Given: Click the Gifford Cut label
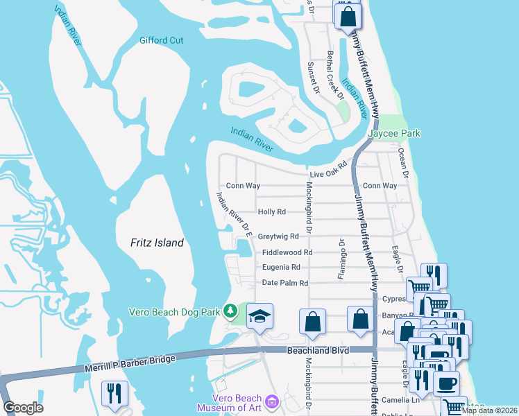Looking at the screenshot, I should tap(161, 40).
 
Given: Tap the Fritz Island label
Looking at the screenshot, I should tap(158, 243).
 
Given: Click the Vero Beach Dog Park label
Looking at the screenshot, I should tap(178, 311).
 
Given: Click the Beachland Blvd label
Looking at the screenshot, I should tap(315, 352).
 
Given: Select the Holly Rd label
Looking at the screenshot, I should tap(271, 211).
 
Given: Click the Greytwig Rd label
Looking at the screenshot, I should tap(278, 236).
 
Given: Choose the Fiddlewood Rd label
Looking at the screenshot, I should tap(287, 253).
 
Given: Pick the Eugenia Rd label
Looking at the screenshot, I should tap(281, 267).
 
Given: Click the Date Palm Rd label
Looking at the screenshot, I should tap(284, 283).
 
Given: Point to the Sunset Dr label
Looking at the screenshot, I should tap(313, 78).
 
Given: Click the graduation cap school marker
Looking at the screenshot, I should tap(261, 317).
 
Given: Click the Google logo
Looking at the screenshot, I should tap(23, 408).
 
